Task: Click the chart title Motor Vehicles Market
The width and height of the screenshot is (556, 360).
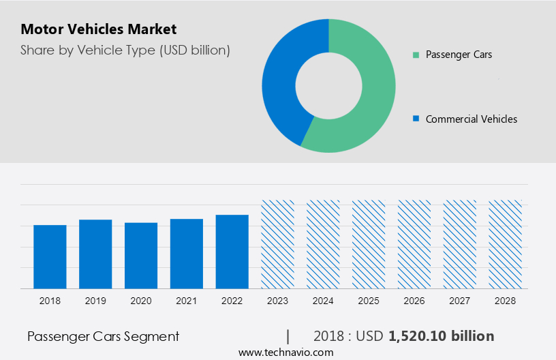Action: (98, 29)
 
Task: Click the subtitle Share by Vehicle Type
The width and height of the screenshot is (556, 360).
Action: (125, 50)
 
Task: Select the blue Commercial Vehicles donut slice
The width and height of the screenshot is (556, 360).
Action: (279, 82)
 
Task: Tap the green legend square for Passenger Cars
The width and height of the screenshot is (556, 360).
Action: (416, 55)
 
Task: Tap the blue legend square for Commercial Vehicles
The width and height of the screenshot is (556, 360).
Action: (416, 119)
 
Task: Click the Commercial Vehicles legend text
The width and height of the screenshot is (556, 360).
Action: (471, 119)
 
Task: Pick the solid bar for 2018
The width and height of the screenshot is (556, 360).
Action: (50, 256)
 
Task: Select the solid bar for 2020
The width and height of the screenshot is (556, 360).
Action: (141, 255)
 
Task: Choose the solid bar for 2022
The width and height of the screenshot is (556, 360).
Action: (232, 252)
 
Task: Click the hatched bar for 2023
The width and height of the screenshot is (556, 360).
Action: (278, 244)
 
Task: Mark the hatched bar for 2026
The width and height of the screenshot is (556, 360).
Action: (414, 244)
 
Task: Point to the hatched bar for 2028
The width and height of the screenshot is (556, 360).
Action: (506, 244)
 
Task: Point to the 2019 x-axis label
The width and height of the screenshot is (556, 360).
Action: (95, 301)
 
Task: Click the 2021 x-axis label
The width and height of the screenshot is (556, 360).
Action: (187, 301)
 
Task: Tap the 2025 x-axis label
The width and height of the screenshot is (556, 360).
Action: (369, 301)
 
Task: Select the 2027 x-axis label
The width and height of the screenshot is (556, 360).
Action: (460, 301)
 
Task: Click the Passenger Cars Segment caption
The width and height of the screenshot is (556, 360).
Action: (103, 336)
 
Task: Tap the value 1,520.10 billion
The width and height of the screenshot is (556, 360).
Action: (441, 336)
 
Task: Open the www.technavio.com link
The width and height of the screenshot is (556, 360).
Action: (285, 352)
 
